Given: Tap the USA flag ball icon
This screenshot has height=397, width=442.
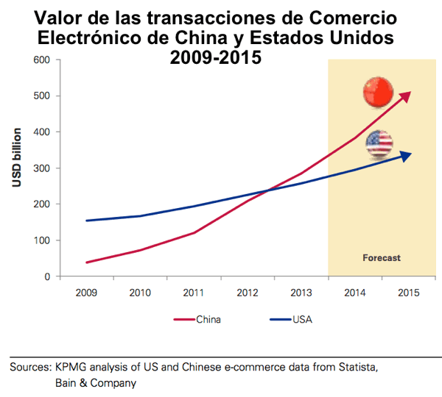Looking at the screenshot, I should pyautogui.click(x=379, y=143).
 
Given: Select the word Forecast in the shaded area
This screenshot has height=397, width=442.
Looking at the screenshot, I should pyautogui.click(x=382, y=258).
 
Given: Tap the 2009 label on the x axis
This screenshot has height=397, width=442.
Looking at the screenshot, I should pyautogui.click(x=86, y=293).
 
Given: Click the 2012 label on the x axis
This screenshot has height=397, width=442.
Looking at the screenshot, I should pyautogui.click(x=248, y=293).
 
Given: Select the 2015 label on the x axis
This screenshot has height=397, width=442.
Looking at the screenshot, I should pyautogui.click(x=408, y=293).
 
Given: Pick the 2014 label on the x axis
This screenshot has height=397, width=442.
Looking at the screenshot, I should pyautogui.click(x=354, y=293).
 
